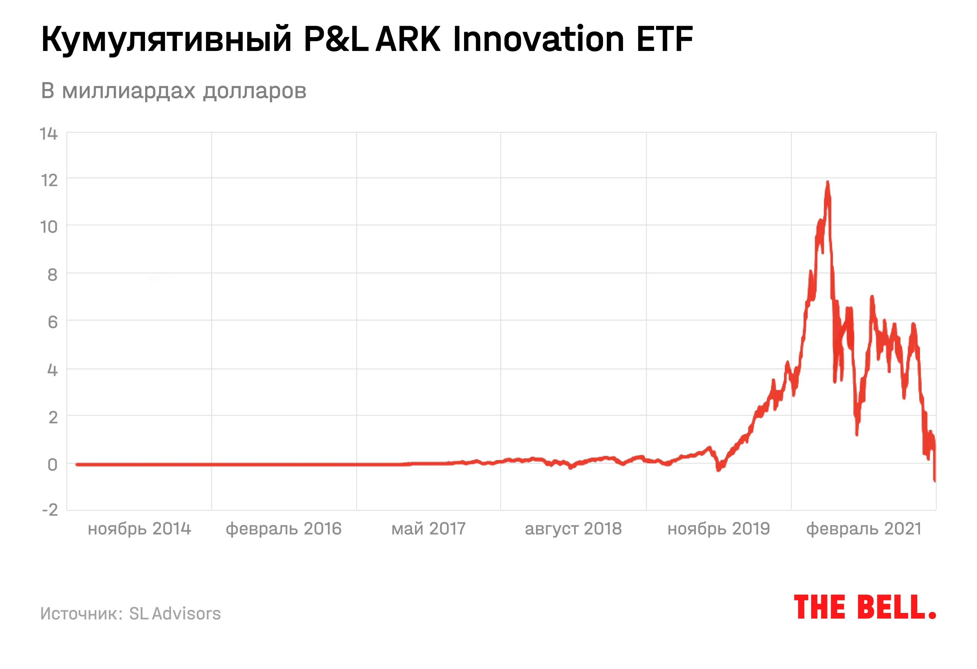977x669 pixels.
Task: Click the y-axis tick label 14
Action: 49,134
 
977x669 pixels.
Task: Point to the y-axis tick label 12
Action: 49,180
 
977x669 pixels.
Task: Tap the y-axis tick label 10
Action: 49,227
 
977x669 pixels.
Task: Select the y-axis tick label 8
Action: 52,275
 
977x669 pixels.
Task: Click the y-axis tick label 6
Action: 52,322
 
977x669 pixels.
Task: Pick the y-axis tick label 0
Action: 52,465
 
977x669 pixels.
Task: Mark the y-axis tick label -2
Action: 50,510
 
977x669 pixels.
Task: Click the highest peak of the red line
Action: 827,182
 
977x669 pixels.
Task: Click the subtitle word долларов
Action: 255,91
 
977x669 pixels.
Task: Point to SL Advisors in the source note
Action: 175,613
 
